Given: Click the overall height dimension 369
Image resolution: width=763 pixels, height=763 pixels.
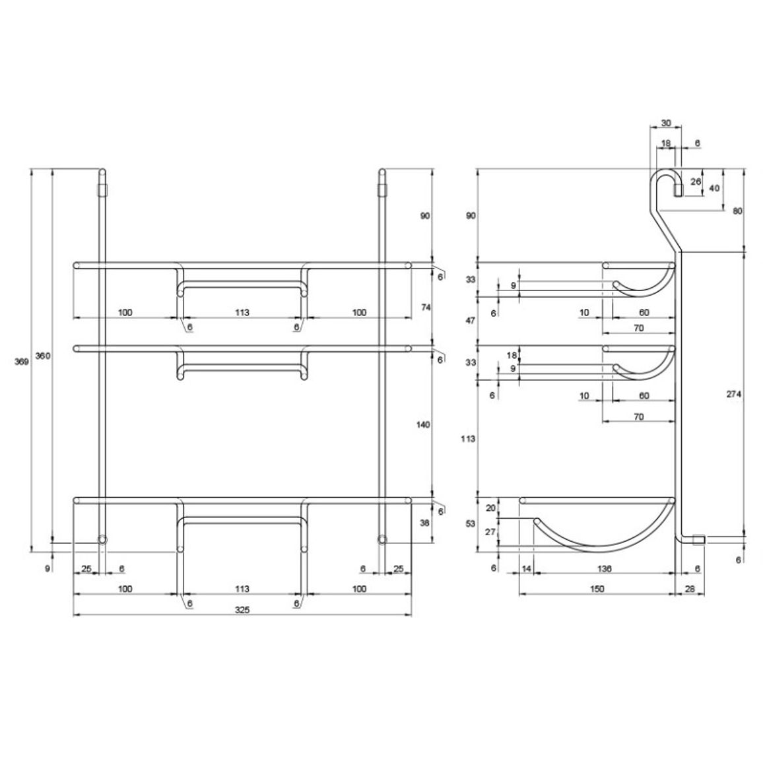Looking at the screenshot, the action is click(x=21, y=362).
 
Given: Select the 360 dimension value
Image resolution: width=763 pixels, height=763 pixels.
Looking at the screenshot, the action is click(x=43, y=356).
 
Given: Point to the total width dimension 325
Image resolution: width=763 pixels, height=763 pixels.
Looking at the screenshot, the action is click(x=242, y=610).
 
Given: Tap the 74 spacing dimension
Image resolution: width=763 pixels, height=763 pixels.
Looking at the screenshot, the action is click(x=426, y=307).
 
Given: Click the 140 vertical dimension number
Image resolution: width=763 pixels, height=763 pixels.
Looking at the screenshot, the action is click(x=423, y=425).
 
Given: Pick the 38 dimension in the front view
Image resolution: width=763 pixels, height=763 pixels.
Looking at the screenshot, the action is click(x=425, y=523).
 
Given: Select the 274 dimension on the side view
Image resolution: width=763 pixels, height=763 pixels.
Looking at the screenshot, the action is click(x=734, y=394).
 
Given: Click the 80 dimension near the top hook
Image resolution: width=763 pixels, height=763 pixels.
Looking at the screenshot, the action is click(x=738, y=211).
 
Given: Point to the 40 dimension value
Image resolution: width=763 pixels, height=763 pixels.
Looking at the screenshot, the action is click(x=714, y=188).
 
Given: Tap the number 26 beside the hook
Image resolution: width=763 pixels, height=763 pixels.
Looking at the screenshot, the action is click(x=696, y=182).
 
